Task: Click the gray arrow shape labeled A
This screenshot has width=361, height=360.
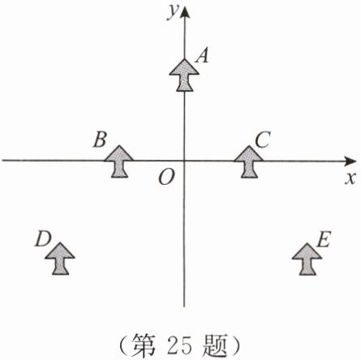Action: point(184,75)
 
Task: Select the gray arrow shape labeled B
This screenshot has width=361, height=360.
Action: point(119,161)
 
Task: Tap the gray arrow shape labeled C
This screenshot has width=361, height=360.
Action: point(249,161)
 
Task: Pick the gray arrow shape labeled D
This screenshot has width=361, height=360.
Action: point(60,259)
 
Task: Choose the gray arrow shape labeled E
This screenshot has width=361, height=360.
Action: point(307,259)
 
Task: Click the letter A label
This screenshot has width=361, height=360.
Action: point(202,55)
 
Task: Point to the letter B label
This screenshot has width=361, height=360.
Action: point(100,139)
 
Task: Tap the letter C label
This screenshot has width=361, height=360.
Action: point(263,139)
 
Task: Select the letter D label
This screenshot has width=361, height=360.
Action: point(43,238)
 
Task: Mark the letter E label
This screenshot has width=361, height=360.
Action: point(324,239)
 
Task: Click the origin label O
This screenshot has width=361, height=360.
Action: point(166,178)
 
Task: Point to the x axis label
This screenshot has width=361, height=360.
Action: point(350,179)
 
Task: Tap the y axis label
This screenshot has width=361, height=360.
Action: point(174,12)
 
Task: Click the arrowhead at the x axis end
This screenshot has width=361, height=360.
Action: point(350,161)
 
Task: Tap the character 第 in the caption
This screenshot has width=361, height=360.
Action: point(145,346)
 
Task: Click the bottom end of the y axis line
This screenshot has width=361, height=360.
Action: point(184,307)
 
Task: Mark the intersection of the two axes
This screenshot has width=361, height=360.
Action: point(184,161)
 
